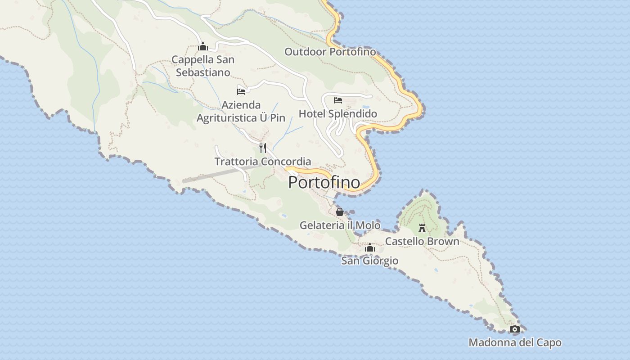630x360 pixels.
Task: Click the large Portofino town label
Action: (324, 182)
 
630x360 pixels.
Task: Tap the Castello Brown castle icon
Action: (422, 228)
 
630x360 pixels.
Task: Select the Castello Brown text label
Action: (422, 241)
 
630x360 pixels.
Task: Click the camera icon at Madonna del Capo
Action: (514, 329)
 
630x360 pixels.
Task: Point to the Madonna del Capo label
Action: (515, 342)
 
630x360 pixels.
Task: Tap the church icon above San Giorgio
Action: (370, 247)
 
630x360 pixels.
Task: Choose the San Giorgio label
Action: (369, 261)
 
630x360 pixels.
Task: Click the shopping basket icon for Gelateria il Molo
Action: (340, 211)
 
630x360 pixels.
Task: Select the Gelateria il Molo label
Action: (340, 225)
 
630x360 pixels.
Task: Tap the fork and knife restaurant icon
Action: (263, 148)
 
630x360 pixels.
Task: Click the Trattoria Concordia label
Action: (263, 161)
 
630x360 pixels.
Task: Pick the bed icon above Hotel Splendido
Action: (338, 100)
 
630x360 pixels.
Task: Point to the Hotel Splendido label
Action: (338, 113)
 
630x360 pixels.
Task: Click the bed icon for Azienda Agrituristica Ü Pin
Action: (241, 91)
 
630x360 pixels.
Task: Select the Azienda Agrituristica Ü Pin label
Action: (241, 111)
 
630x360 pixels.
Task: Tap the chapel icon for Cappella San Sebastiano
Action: (203, 46)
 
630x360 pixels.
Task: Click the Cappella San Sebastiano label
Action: (203, 66)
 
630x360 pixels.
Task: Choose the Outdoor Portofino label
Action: (330, 52)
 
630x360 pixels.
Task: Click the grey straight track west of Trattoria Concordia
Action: (211, 175)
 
